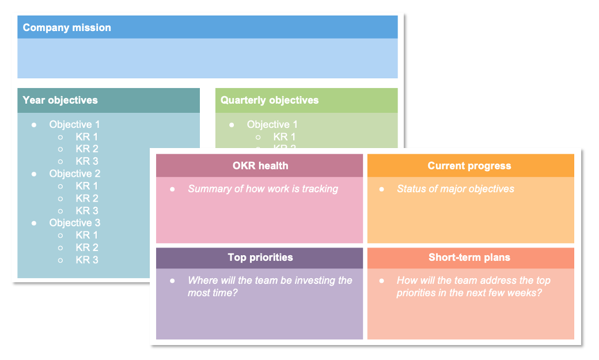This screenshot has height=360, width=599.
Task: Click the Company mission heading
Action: tap(67, 28)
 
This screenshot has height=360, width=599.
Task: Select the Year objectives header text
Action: tap(60, 100)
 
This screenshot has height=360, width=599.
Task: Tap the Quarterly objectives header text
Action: tap(270, 100)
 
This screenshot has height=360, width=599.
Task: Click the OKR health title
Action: tap(260, 166)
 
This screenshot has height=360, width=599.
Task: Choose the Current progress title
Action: tap(469, 166)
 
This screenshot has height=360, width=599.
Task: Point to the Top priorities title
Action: tap(260, 257)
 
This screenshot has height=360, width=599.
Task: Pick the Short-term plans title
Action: tap(469, 257)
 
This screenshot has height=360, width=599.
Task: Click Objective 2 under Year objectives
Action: tap(75, 173)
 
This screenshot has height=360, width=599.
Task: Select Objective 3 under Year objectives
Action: tap(75, 223)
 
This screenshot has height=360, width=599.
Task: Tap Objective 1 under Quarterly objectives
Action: tap(272, 124)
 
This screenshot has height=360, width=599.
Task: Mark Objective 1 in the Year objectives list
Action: tap(75, 124)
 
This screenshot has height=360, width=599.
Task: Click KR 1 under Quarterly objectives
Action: tap(285, 137)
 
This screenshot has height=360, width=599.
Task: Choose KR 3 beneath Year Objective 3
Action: tap(87, 260)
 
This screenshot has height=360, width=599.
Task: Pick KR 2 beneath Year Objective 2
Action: tap(87, 198)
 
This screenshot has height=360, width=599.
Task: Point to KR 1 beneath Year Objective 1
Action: tap(87, 137)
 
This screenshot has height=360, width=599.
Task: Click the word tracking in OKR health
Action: tap(320, 189)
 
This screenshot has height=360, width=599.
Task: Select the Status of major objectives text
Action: tap(456, 189)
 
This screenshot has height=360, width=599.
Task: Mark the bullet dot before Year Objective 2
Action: tap(34, 173)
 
